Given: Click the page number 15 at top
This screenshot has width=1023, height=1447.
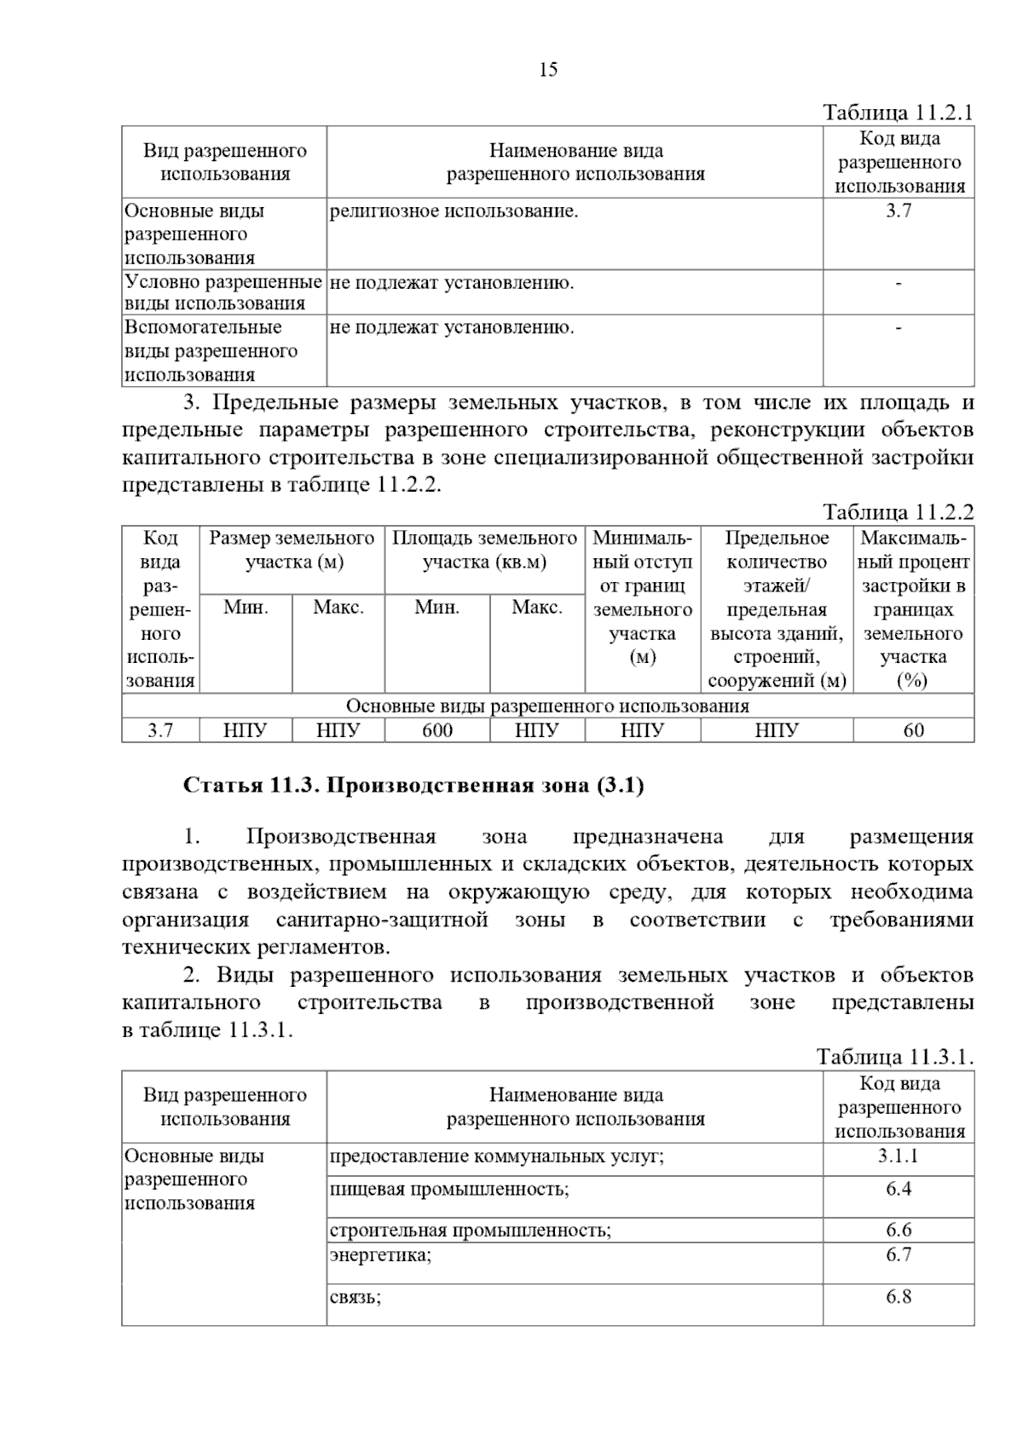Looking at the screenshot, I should click(x=548, y=70).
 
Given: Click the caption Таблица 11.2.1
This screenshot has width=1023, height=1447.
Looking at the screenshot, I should click(x=898, y=113).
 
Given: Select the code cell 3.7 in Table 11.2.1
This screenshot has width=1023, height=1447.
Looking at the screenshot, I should click(x=899, y=211).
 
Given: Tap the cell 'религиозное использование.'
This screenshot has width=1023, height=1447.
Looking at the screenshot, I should click(x=454, y=211).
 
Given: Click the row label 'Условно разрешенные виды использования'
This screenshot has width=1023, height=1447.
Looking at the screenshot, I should click(x=223, y=292).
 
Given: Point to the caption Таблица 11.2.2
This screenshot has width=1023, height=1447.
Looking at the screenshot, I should click(x=898, y=512).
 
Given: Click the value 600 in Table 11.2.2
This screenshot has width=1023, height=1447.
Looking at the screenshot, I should click(x=437, y=730).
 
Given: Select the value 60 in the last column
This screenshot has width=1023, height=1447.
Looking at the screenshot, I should click(x=913, y=730).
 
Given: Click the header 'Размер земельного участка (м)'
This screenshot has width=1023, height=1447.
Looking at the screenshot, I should click(x=292, y=551).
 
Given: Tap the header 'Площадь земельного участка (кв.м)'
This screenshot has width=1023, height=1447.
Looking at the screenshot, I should click(x=484, y=551).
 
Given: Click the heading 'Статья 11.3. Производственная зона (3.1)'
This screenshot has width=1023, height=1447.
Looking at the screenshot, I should click(x=413, y=786).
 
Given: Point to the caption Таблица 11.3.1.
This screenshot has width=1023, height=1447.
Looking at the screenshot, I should click(x=895, y=1058).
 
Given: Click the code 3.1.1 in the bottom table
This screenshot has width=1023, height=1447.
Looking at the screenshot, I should click(x=899, y=1156).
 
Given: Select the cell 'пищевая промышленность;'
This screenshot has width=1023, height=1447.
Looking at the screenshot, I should click(x=449, y=1189).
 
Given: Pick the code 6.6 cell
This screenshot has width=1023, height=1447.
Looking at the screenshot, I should click(x=899, y=1230).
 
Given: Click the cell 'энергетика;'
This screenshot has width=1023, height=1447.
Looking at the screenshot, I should click(x=381, y=1255).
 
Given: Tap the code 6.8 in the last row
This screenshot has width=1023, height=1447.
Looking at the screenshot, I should click(x=899, y=1297).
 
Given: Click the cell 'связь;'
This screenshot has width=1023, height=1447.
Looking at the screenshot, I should click(x=355, y=1298).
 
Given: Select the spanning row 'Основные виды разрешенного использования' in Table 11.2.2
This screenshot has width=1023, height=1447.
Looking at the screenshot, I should click(x=547, y=706).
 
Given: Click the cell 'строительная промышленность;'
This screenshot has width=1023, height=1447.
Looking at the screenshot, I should click(x=471, y=1231).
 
